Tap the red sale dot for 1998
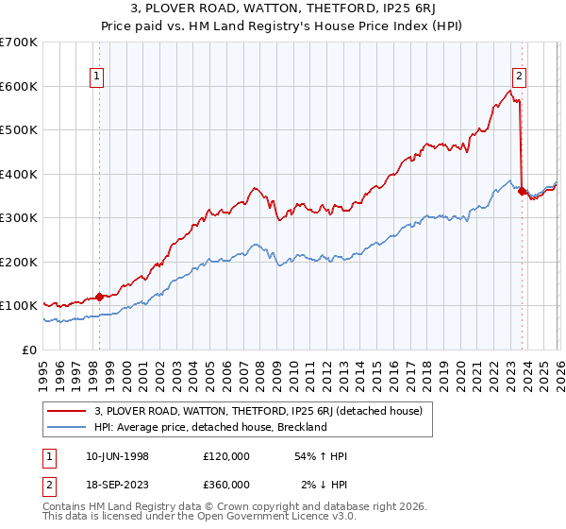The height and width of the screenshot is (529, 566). [x=100, y=297]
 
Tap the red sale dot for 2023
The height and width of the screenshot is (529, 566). [x=523, y=191]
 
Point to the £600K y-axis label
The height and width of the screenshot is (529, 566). [x=19, y=86]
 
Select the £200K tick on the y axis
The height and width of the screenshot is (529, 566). [x=19, y=262]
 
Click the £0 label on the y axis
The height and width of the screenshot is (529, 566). [x=30, y=350]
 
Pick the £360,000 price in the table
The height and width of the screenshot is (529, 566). [x=226, y=484]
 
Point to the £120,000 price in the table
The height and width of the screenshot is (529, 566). [x=226, y=456]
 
